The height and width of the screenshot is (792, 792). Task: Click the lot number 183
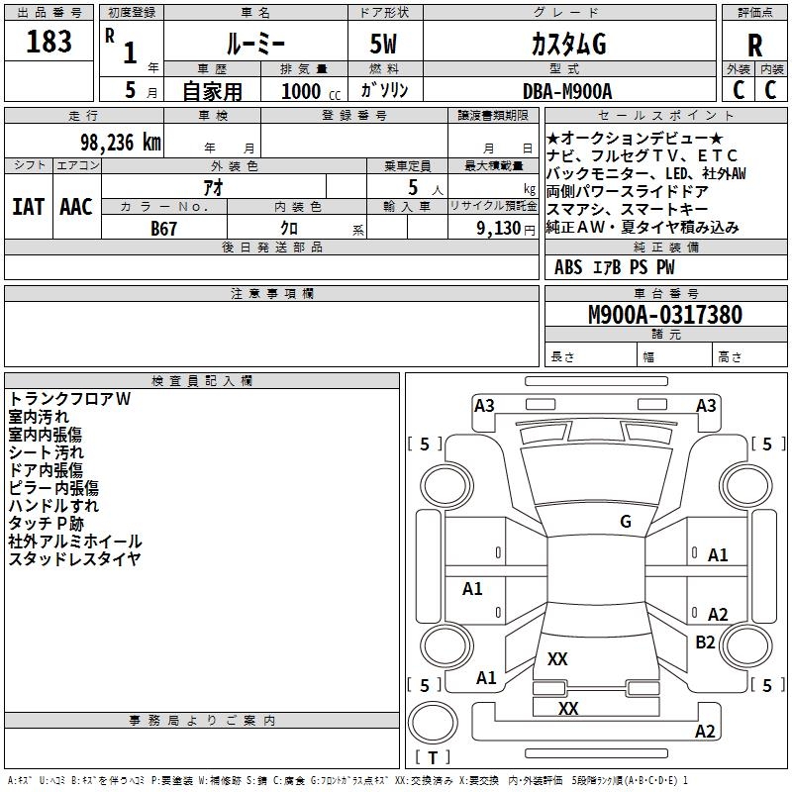pos(49,42)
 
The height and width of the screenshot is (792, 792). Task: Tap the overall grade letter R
pos(754,46)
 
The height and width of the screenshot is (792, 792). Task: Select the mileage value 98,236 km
pos(121,143)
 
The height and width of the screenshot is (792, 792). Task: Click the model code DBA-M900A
pos(567,91)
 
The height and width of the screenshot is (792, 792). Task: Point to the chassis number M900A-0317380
pos(665,315)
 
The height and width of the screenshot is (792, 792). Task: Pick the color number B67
pos(163,229)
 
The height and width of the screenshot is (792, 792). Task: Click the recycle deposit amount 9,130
pos(499,228)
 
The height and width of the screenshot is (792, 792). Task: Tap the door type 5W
pos(383,44)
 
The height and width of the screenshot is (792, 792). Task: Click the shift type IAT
pos(29,207)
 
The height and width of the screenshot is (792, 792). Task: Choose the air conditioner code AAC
pos(76,207)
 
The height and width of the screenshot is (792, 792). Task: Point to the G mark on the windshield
pos(626,521)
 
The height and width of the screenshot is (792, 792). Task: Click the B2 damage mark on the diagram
pos(705,642)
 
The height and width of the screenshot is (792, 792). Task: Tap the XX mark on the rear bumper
pos(568,708)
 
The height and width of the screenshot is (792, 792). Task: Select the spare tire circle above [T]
pos(433,723)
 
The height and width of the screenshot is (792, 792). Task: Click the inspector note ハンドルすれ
pos(53,506)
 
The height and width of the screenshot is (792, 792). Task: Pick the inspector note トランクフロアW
pos(69,399)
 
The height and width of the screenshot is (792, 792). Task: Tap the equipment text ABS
pos(568,267)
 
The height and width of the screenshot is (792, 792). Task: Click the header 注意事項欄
pos(272,293)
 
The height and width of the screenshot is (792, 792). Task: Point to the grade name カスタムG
pos(568,45)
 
